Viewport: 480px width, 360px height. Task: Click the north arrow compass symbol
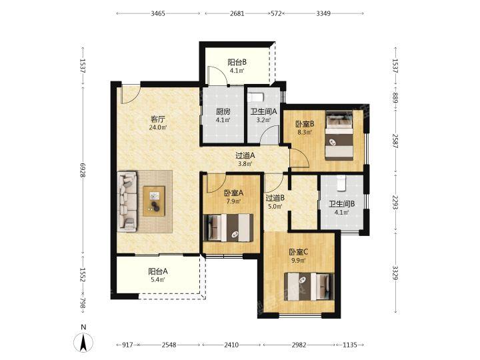tap(83, 341)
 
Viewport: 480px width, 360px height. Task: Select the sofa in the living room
tap(127, 202)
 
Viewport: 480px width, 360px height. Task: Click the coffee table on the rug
tap(154, 201)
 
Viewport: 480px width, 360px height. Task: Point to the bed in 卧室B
tap(339, 135)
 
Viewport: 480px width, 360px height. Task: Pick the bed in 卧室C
tap(309, 287)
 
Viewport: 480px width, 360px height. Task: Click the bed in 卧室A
tap(229, 228)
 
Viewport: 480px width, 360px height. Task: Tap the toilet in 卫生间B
tap(341, 183)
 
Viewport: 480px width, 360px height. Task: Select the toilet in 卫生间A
tap(255, 97)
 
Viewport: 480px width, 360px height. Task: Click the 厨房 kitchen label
tap(223, 112)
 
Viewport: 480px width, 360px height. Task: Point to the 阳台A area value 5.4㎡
tap(157, 279)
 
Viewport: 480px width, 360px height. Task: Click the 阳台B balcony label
tap(237, 63)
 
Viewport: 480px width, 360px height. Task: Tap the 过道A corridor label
tap(245, 155)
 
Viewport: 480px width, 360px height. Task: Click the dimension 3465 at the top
tap(158, 13)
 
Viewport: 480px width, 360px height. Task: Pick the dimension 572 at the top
tap(276, 13)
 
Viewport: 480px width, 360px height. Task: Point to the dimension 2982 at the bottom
tap(299, 345)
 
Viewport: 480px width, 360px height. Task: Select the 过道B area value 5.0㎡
tap(275, 207)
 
